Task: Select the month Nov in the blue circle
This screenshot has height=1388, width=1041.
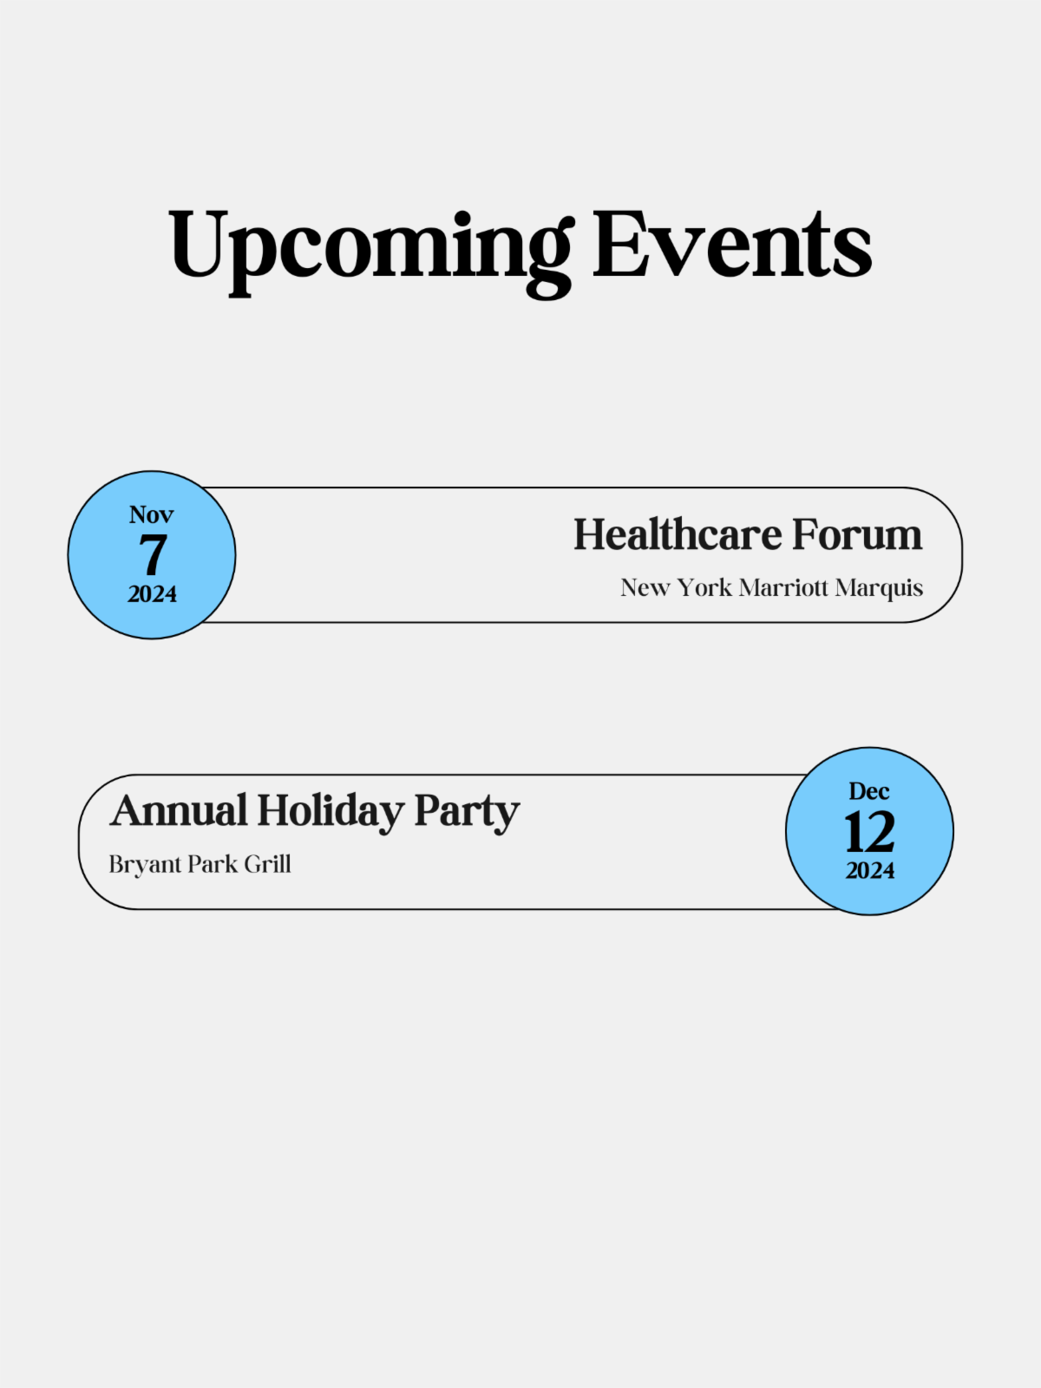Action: tap(152, 514)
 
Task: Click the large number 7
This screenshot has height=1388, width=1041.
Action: tap(153, 554)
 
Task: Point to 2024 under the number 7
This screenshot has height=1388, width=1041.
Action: tap(152, 594)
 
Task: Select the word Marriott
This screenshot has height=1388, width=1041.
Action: tap(783, 588)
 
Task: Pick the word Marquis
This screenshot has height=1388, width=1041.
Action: tap(879, 589)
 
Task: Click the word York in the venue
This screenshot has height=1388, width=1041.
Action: tap(704, 588)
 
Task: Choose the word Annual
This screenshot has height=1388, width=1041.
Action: tap(179, 810)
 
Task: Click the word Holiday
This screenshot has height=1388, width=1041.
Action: tap(331, 812)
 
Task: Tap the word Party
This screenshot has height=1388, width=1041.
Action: tap(467, 812)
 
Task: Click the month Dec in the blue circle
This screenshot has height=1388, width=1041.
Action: tap(869, 791)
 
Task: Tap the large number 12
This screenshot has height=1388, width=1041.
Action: tap(869, 832)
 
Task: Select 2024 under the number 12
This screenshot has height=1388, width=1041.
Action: tap(869, 871)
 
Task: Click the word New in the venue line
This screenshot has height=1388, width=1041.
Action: tap(645, 588)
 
